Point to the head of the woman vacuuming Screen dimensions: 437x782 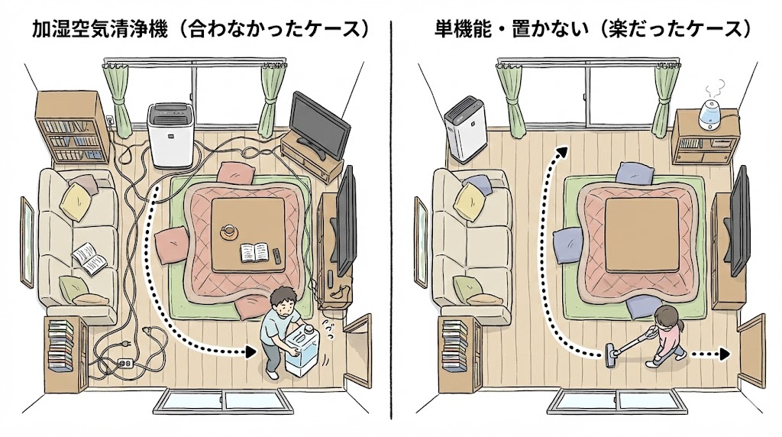(x=666, y=316)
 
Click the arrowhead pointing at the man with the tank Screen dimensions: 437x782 (x=249, y=353)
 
